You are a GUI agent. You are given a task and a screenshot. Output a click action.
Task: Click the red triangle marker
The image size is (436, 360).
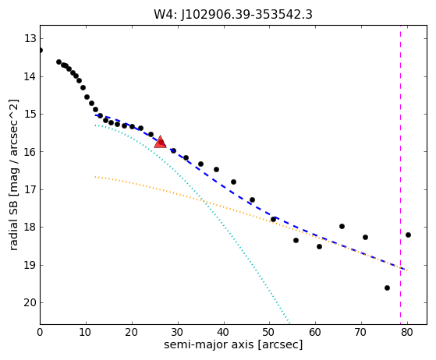[160, 143]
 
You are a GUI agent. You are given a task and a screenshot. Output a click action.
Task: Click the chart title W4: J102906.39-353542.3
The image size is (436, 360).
[233, 15]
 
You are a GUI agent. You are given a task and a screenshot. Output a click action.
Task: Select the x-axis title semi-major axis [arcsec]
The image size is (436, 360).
[233, 344]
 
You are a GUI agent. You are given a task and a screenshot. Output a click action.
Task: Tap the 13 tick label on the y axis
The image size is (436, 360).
[30, 38]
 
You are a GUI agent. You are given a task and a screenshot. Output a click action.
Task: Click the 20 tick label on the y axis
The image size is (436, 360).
[30, 302]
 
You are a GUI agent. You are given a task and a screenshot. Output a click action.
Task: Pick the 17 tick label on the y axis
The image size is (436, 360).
[30, 189]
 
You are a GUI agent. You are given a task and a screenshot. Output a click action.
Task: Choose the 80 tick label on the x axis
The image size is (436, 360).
[407, 332]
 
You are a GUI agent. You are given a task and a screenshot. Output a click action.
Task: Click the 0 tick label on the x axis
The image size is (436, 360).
[40, 332]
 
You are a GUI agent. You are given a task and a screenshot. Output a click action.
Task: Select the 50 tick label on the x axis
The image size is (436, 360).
[269, 332]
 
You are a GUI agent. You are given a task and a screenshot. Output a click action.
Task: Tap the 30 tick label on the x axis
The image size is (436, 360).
[178, 332]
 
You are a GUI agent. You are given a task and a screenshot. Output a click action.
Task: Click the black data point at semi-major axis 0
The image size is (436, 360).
[41, 51]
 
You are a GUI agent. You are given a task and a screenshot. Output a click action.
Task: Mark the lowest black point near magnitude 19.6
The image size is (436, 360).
[387, 288]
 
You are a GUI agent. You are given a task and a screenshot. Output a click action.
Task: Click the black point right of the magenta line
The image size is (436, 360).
[408, 235]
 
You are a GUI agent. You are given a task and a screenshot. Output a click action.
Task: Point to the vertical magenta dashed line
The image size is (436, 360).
[400, 175]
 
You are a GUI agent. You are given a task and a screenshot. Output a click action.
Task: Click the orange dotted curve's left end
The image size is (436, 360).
[95, 177]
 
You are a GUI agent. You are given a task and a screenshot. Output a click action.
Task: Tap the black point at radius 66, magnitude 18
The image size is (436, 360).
[342, 227]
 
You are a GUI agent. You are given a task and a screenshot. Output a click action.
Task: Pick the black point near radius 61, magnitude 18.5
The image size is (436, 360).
[319, 246]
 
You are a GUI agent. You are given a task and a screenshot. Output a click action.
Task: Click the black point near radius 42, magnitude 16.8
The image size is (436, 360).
[233, 182]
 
